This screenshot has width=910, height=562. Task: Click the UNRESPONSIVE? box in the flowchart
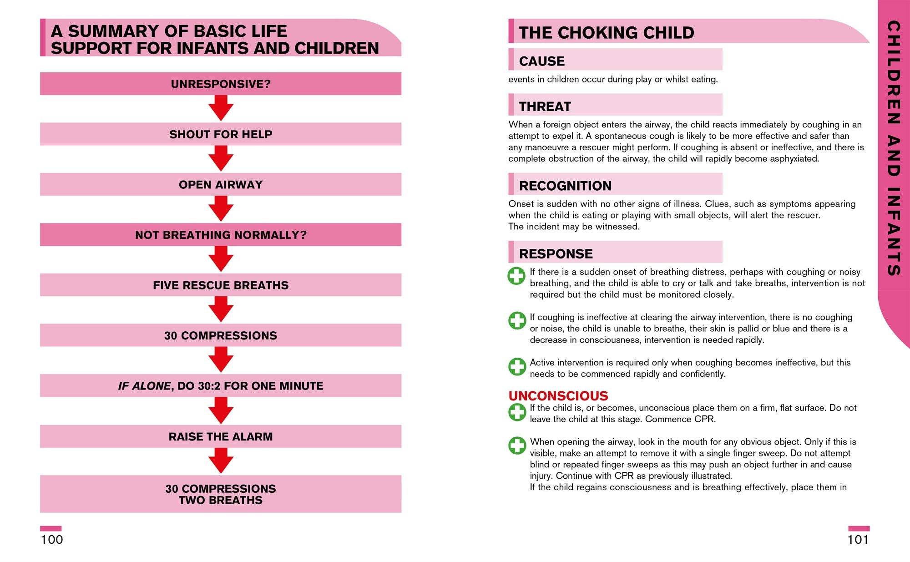tap(221, 84)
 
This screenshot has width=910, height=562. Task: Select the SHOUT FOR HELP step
tap(221, 134)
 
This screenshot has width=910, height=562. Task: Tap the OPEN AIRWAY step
tap(221, 184)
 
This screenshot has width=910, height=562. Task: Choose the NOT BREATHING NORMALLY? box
tap(221, 235)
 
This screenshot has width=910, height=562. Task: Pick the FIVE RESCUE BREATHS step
tap(221, 285)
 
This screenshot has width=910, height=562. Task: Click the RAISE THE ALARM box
tap(221, 436)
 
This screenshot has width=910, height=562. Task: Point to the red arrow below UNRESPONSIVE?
tap(221, 108)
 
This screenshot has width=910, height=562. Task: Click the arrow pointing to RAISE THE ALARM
tap(221, 410)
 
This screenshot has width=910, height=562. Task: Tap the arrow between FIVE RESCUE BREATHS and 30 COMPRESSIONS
tap(221, 310)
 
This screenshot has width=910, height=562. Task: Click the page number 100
tap(52, 540)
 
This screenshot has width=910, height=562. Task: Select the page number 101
tap(858, 540)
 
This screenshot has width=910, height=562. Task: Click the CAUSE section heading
tap(541, 61)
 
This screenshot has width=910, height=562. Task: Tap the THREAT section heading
tap(545, 106)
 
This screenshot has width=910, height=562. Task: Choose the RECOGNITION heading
tap(565, 186)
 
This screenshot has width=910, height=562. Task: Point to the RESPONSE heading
tap(556, 253)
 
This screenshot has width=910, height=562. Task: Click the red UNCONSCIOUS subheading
tap(558, 395)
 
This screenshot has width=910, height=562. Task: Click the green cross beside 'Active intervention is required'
tap(517, 366)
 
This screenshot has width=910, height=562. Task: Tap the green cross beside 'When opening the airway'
tap(517, 446)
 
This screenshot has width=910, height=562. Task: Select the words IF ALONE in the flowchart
tap(144, 386)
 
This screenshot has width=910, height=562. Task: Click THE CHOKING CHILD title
tap(606, 33)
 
